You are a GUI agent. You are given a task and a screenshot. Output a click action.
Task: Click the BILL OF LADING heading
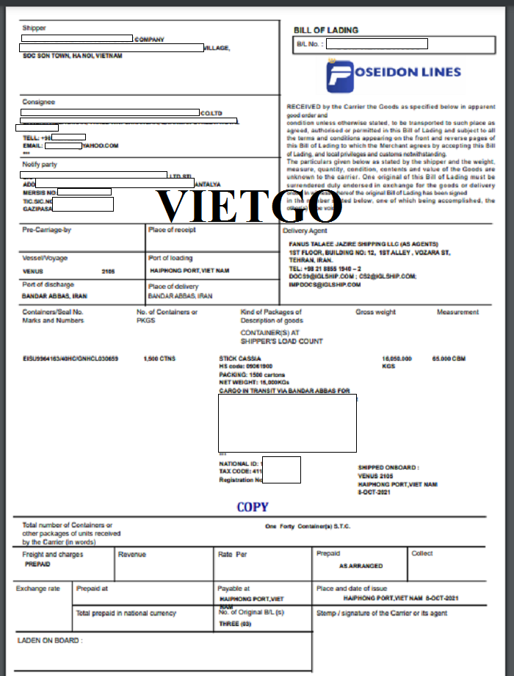(x=326, y=30)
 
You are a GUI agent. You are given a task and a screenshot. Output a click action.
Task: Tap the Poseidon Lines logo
(x=394, y=73)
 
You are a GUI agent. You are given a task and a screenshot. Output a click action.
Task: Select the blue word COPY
(x=253, y=507)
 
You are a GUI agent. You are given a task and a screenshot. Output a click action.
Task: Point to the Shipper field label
(x=34, y=28)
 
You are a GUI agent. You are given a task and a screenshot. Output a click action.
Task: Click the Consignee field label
(x=39, y=102)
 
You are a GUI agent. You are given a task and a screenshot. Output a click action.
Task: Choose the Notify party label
(x=40, y=165)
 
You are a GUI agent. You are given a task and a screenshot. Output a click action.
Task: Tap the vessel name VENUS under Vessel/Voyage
(x=32, y=271)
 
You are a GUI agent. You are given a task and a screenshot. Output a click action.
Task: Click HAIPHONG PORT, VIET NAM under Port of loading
(x=189, y=271)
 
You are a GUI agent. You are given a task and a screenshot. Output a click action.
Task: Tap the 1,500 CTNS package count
(x=159, y=359)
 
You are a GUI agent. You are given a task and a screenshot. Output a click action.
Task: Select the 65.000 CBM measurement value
(x=452, y=359)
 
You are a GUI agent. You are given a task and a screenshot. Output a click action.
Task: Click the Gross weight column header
(x=375, y=312)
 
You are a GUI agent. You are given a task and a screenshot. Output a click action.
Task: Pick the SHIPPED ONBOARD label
(x=388, y=467)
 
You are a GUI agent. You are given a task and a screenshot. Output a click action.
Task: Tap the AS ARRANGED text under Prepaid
(x=361, y=567)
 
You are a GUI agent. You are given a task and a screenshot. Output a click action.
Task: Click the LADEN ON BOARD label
(x=50, y=641)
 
